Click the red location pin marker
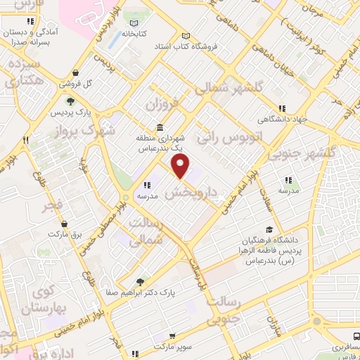tap(181, 167)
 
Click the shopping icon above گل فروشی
tap(85, 72)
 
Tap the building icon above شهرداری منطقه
tap(160, 127)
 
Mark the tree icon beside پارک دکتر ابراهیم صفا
tap(141, 281)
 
